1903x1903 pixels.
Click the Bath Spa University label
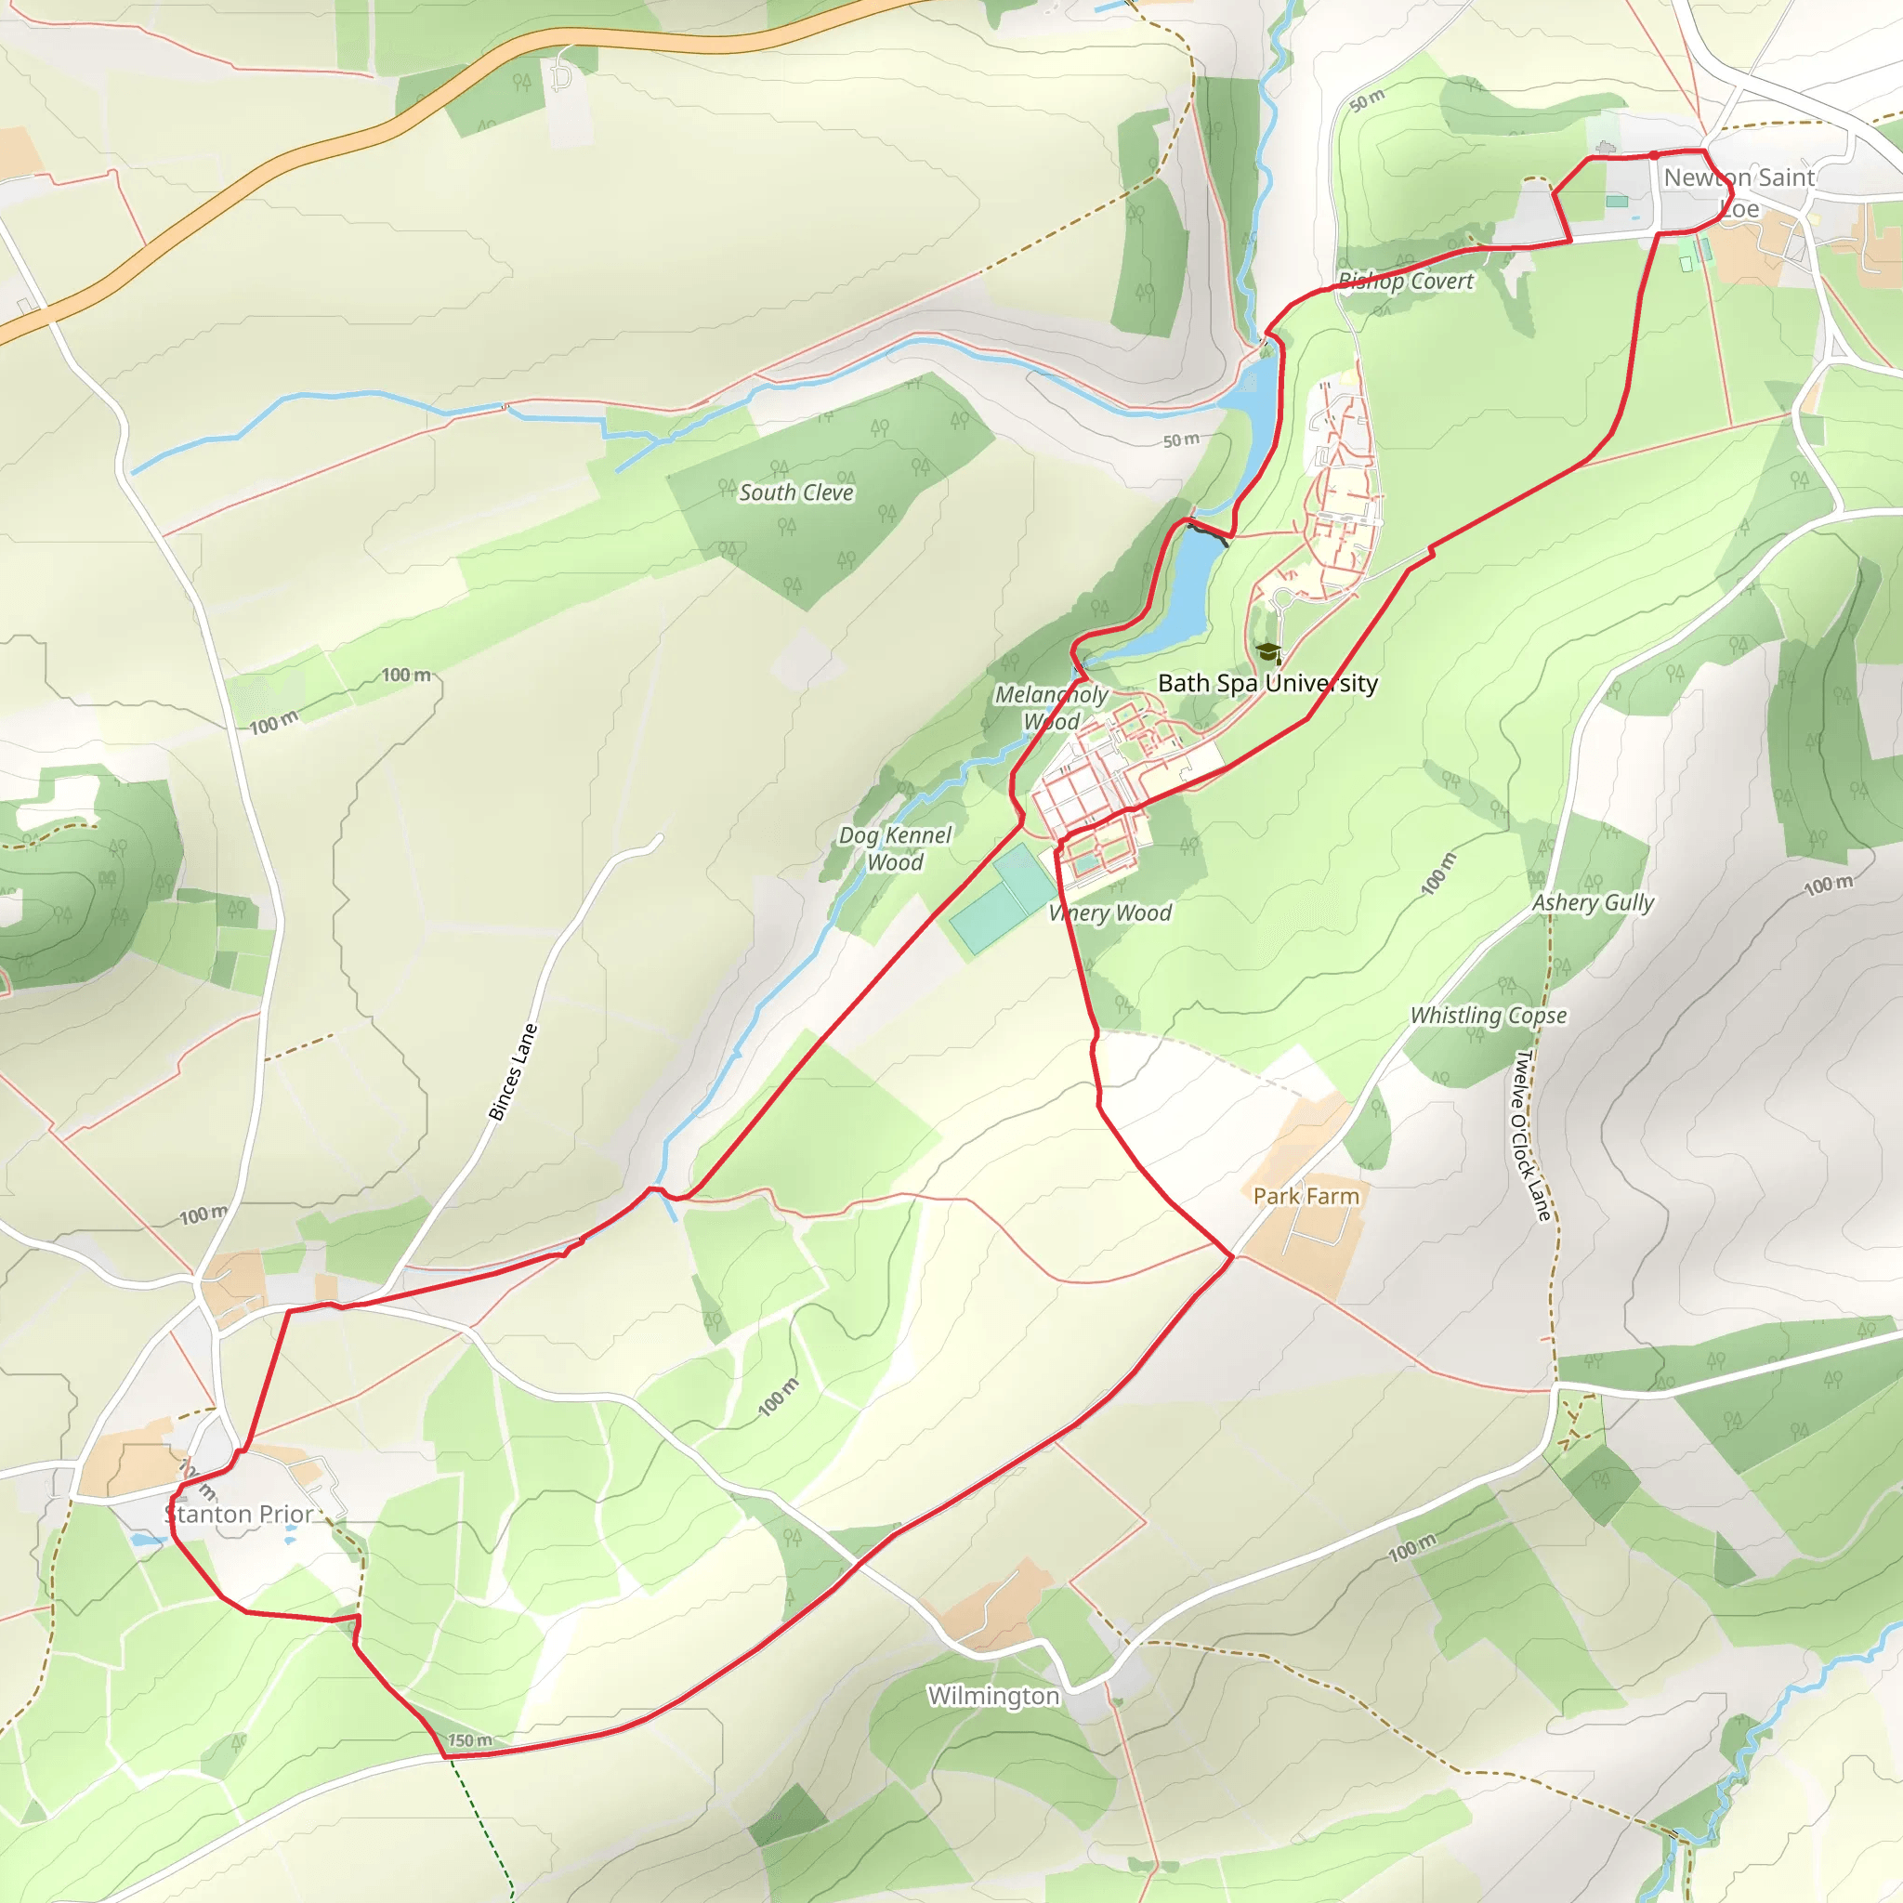point(1267,683)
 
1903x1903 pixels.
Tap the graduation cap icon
point(1267,652)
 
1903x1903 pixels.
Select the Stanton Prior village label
point(240,1513)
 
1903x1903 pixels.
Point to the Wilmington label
point(993,1695)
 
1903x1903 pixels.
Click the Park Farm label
point(1306,1196)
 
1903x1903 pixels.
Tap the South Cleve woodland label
point(796,492)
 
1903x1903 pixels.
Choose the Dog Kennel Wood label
point(895,848)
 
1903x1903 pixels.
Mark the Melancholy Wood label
point(1051,707)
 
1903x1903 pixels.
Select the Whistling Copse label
point(1488,1015)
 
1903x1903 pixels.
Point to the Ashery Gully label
point(1593,902)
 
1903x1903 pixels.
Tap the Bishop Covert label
point(1406,282)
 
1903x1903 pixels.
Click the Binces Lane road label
point(513,1071)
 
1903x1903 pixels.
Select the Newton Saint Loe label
point(1739,192)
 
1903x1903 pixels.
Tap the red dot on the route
point(1654,154)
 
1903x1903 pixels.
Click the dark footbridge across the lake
point(1209,532)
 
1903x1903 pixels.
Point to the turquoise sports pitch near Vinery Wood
point(1002,901)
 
